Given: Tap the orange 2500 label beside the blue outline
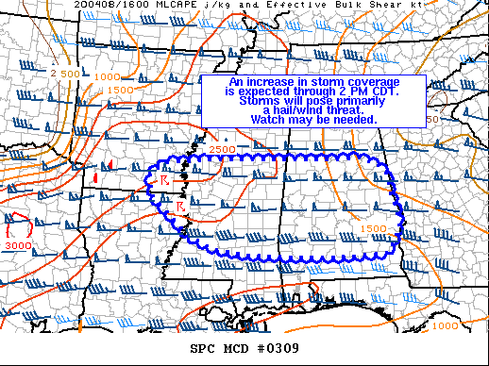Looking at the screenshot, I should pyautogui.click(x=223, y=149).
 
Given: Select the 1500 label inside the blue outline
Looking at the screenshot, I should pyautogui.click(x=373, y=228).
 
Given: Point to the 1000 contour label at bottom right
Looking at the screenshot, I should pyautogui.click(x=446, y=324).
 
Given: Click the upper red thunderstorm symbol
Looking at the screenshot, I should pyautogui.click(x=161, y=179).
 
